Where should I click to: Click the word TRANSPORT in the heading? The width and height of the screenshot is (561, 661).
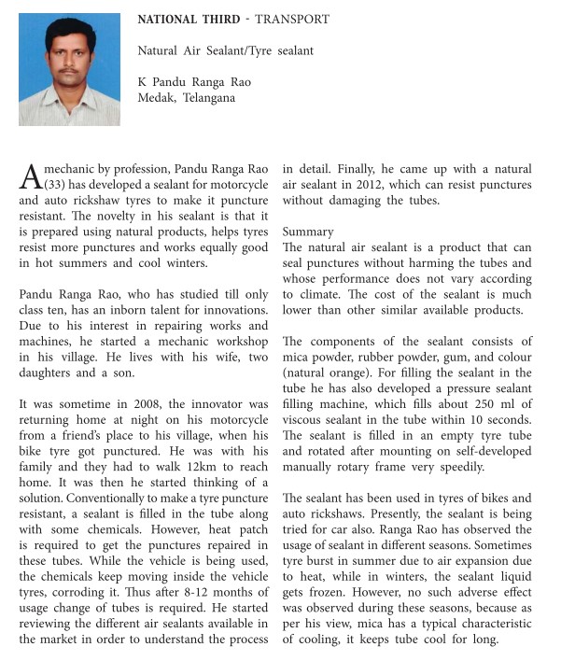pos(294,20)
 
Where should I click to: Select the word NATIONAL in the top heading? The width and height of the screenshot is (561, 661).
pos(171,20)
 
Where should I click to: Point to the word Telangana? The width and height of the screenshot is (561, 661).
pos(210,97)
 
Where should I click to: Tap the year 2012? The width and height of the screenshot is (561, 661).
pos(435,186)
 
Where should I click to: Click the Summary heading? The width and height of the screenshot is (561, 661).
pos(308,231)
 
